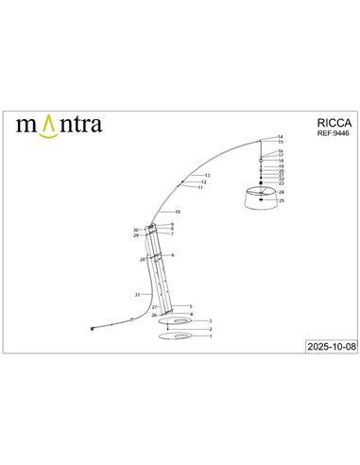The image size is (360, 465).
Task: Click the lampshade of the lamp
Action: (x=261, y=200)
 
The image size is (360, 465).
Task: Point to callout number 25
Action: (x=282, y=201)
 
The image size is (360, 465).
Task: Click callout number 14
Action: (x=281, y=138)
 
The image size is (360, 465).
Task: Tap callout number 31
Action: (x=137, y=296)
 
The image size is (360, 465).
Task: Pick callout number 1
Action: (x=210, y=336)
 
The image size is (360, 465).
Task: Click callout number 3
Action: (x=210, y=321)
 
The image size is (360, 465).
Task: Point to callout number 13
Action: (x=207, y=176)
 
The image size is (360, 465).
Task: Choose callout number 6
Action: (x=173, y=255)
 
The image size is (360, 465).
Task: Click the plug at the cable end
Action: (x=93, y=330)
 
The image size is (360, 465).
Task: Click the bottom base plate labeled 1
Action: (x=176, y=337)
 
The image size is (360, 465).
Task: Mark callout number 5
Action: (x=191, y=307)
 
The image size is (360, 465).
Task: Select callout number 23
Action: (x=282, y=183)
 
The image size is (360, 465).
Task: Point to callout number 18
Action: (x=282, y=162)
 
